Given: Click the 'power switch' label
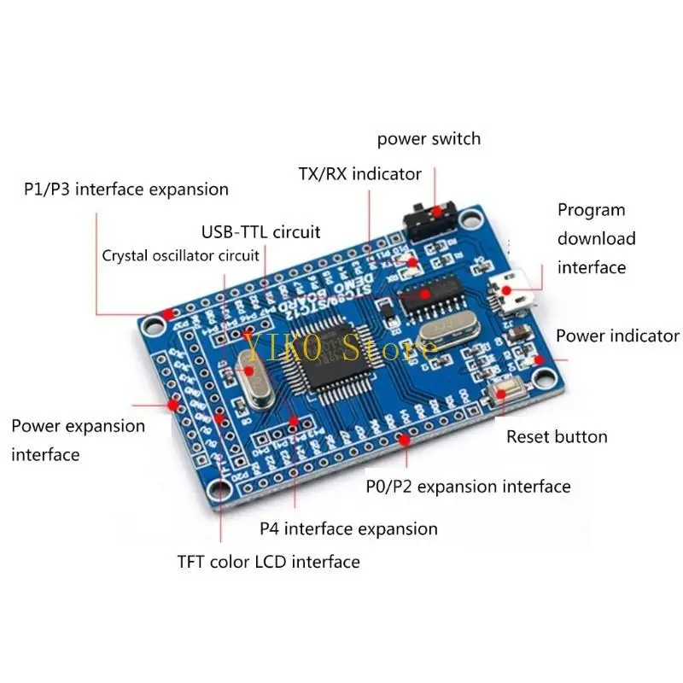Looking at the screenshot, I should coord(429,138).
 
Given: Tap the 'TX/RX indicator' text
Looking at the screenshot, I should coord(359,174).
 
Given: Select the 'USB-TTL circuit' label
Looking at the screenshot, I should coord(261,231).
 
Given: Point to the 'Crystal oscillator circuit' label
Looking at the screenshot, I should coord(180,255).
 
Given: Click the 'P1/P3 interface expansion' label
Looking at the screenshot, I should coord(126,190).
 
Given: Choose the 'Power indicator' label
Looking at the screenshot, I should coord(617,336).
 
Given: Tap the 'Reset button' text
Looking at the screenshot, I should coord(557,436).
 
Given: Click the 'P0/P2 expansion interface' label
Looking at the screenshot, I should coord(468,487).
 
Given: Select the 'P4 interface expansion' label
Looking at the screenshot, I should coord(348,529).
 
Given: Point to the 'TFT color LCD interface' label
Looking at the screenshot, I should coord(268,562).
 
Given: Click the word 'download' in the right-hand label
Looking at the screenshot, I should coord(597,238).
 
